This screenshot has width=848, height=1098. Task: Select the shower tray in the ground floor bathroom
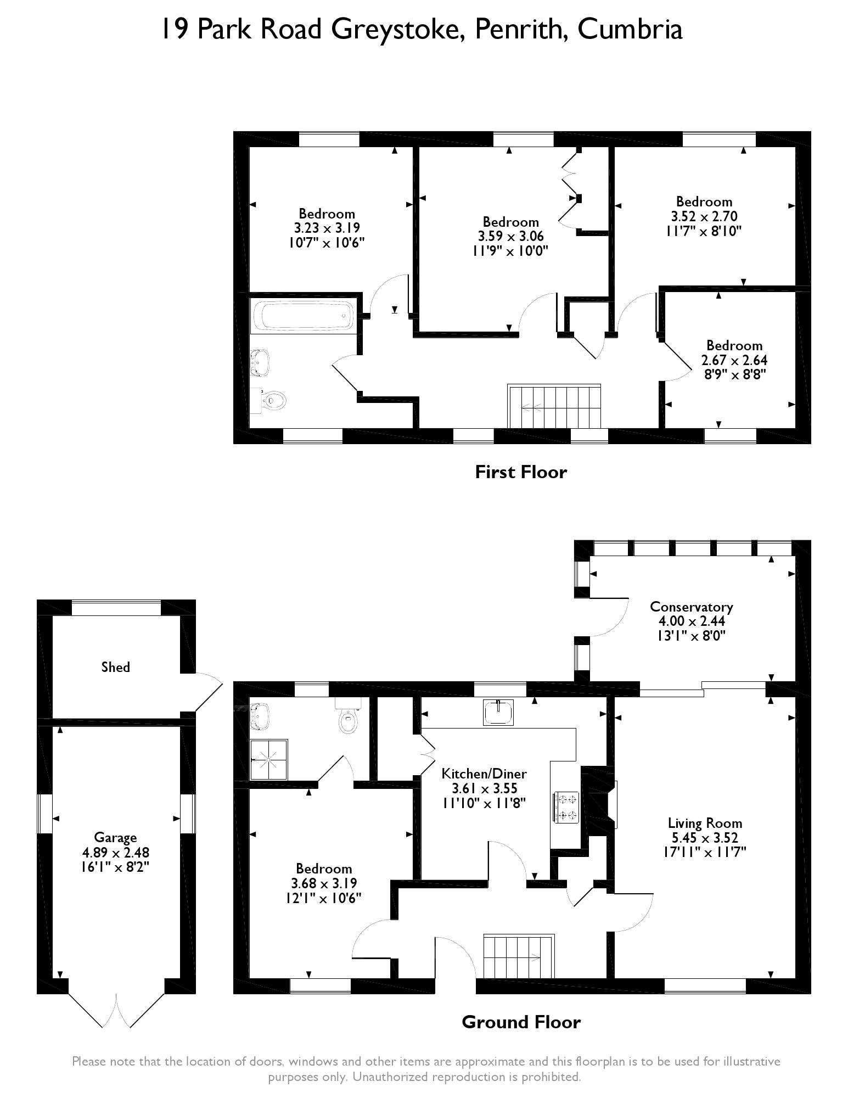(269, 759)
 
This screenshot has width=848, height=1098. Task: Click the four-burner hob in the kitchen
(566, 807)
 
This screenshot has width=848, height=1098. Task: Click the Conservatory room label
(691, 607)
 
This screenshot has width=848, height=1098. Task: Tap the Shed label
(115, 667)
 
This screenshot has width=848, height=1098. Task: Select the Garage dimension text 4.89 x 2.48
(115, 853)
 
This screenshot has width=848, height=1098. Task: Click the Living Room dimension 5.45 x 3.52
(705, 838)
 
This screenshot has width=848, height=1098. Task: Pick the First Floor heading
(520, 472)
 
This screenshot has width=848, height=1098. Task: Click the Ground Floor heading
(520, 1022)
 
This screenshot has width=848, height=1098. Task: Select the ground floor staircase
(518, 958)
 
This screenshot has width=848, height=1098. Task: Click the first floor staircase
(554, 407)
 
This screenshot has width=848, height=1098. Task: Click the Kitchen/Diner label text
(484, 774)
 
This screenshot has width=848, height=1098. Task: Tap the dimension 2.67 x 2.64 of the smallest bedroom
(734, 360)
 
